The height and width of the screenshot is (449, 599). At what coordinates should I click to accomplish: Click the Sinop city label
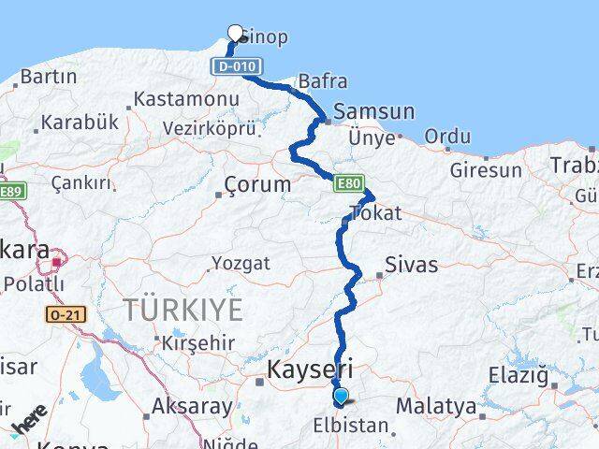[264, 37]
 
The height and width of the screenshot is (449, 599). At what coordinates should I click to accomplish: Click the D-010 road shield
[234, 67]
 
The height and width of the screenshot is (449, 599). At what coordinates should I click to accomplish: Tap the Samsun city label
[373, 111]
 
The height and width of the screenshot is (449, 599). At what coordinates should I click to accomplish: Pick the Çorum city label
[258, 184]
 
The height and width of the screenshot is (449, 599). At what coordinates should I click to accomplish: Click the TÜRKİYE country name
[183, 309]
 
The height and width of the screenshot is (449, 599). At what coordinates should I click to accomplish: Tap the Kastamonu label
[178, 98]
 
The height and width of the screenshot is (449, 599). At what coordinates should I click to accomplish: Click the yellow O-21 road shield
[66, 315]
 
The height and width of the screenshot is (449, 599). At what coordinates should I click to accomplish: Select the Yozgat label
[241, 264]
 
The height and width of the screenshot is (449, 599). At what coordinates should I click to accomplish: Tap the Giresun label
[486, 170]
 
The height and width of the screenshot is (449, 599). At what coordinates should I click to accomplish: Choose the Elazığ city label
[518, 376]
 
